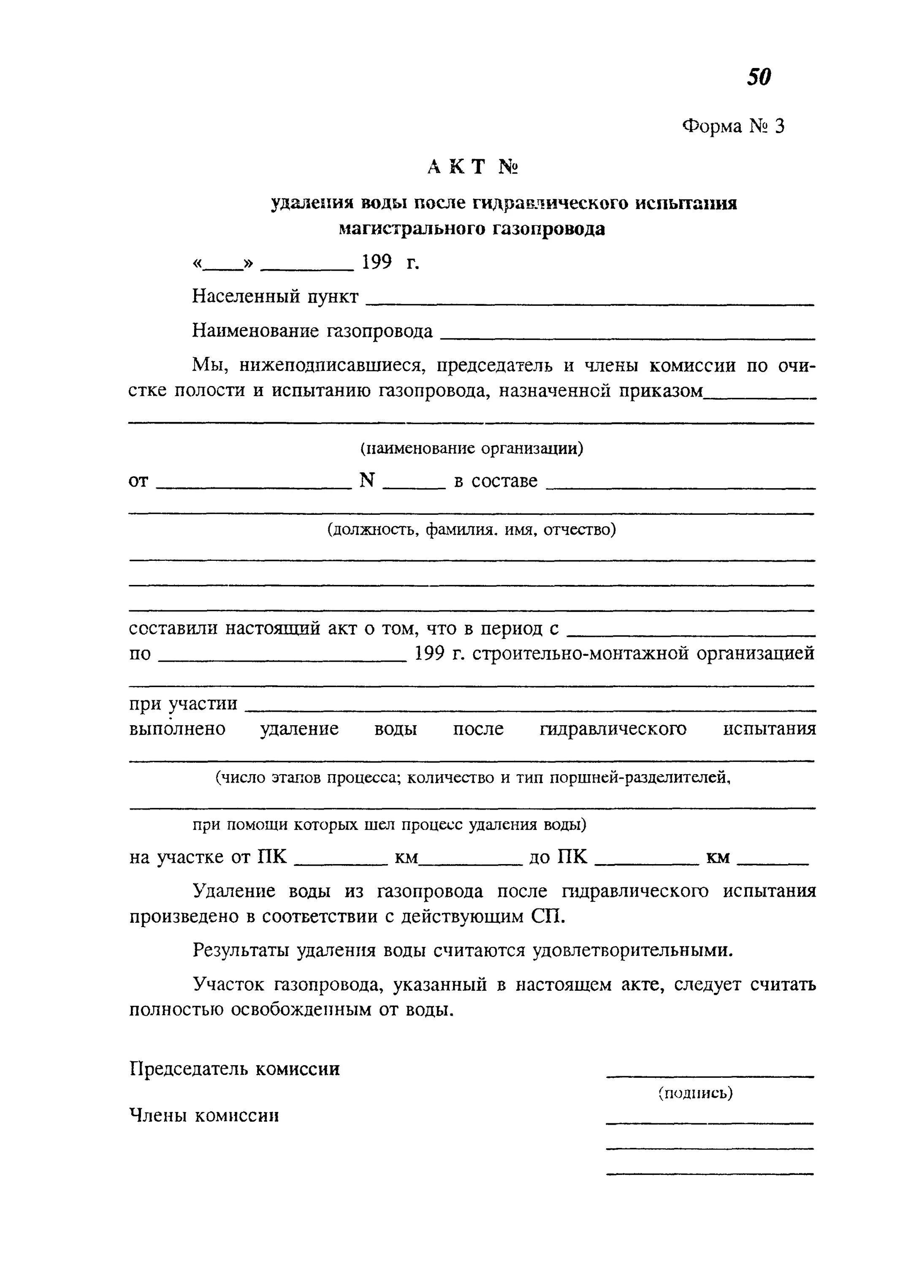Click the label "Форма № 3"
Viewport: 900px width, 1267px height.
[x=733, y=126]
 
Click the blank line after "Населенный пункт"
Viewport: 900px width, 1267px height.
[x=590, y=303]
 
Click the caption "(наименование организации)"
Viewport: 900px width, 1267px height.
[x=472, y=448]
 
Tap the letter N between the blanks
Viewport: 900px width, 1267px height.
[x=367, y=480]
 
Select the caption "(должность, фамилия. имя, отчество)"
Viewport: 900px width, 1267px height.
[x=472, y=530]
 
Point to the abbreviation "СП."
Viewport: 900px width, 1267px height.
[x=549, y=916]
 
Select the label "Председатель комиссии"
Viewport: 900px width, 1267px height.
[x=234, y=1069]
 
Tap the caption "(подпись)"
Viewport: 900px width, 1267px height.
[x=696, y=1093]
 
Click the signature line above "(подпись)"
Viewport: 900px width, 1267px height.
[x=710, y=1076]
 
